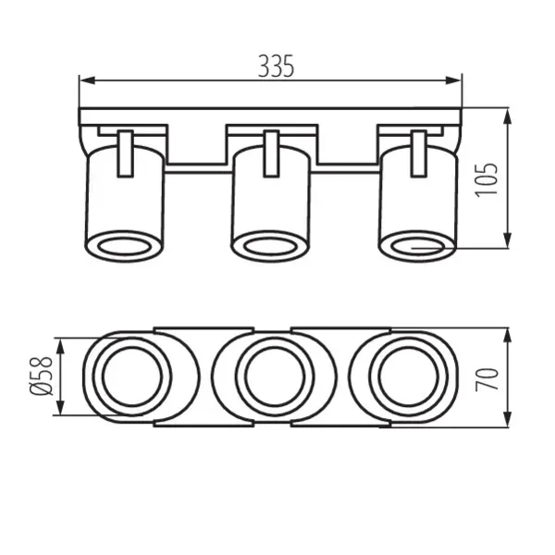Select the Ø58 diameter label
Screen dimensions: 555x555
(40, 378)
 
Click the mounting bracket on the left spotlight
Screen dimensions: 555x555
(127, 153)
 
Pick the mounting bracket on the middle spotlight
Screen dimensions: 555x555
(271, 153)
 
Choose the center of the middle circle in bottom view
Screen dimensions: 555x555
(271, 377)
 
